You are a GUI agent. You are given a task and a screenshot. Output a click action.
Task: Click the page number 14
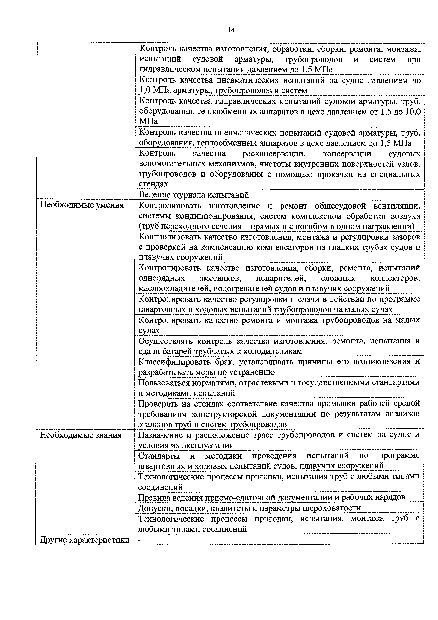point(231,30)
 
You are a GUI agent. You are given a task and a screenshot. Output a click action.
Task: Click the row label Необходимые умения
point(82,206)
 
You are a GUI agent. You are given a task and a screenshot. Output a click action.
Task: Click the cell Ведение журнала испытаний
point(194,195)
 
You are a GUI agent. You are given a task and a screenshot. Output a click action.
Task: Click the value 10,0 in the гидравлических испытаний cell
point(413,112)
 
